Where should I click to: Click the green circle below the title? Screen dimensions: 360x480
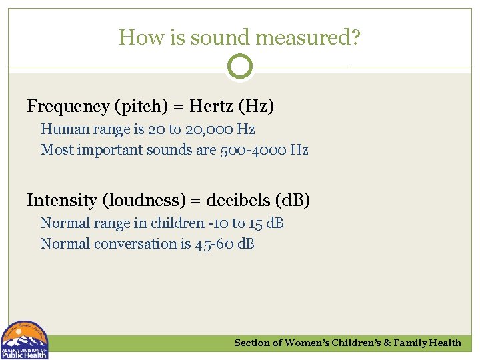(240, 67)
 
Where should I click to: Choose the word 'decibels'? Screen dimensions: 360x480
(235, 200)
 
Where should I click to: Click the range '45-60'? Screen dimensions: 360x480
(213, 244)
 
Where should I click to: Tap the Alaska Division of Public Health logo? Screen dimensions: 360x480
(24, 340)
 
